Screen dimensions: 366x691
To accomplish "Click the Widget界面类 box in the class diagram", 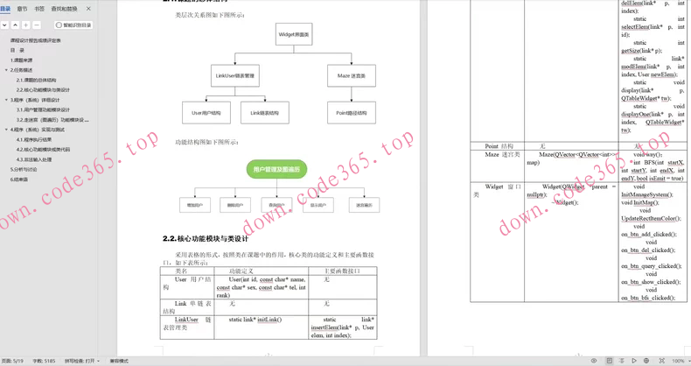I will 293,35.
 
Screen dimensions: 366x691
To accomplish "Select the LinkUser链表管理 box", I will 235,76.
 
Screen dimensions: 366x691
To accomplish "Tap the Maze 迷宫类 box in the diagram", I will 351,76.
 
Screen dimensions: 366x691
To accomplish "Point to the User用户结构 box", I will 206,113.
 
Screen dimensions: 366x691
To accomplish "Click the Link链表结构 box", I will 264,113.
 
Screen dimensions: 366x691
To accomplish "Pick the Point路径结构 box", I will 351,113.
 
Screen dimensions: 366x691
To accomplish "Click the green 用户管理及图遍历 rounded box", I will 276,169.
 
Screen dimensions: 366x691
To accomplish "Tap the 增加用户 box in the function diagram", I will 194,205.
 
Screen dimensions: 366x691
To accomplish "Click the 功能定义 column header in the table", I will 241,271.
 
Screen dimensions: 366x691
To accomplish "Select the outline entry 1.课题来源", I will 22,60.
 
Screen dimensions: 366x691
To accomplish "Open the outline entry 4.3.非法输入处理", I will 34,159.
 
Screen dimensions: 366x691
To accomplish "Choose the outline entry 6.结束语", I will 19,179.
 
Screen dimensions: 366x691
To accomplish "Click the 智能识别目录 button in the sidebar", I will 73,25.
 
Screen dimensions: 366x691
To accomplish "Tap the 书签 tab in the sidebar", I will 39,9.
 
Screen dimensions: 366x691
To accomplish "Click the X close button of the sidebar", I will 88,9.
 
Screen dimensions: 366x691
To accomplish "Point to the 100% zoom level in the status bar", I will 678,361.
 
